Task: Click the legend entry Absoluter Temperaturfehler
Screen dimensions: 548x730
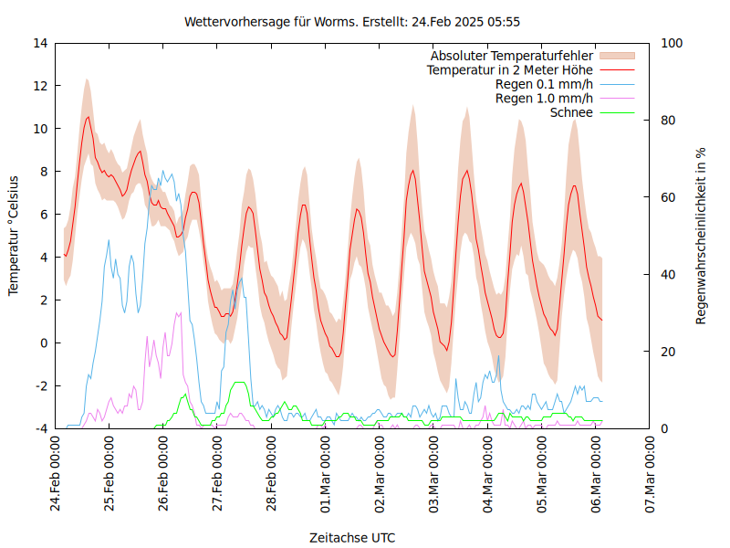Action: [512, 56]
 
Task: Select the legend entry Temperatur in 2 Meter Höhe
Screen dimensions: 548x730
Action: [510, 69]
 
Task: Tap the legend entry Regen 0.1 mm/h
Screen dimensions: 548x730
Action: [544, 84]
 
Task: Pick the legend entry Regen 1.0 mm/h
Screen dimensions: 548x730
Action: [544, 98]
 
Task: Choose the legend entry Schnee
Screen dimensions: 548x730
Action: [572, 112]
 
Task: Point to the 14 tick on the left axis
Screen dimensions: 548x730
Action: [40, 43]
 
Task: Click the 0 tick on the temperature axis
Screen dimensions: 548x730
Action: [44, 343]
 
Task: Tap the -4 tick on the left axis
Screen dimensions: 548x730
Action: [41, 428]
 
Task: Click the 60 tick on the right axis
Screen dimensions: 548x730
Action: [668, 197]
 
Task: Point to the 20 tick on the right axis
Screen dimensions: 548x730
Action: [668, 352]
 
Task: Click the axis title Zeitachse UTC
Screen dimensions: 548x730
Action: [352, 537]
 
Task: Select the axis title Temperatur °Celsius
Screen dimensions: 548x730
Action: [14, 235]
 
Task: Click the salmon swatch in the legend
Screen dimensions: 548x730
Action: [616, 56]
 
